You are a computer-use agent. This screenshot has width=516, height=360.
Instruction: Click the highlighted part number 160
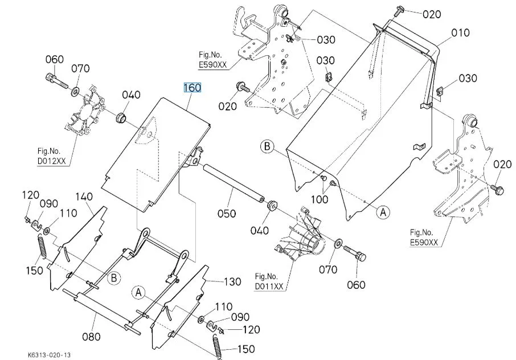click(192, 88)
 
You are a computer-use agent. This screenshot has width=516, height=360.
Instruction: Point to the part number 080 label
click(91, 336)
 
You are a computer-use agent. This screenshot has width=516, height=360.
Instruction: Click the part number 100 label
click(321, 200)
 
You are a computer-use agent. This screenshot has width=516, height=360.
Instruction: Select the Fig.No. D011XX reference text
click(270, 281)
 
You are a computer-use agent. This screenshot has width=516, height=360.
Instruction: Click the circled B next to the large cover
click(267, 146)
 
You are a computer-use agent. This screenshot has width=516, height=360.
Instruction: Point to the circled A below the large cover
click(383, 212)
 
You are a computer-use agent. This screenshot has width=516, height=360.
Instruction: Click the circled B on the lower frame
click(114, 278)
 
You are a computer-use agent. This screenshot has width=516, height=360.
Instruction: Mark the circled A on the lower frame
click(137, 293)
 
